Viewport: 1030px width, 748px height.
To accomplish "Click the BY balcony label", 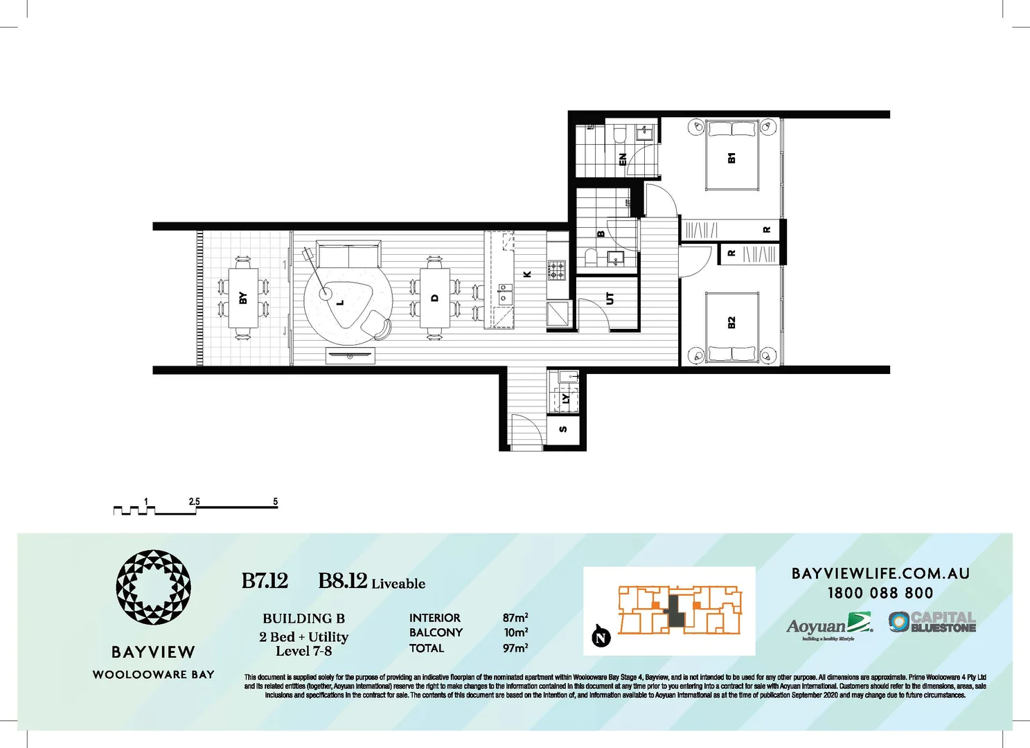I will coord(242,298).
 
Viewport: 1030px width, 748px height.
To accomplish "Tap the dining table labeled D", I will coord(435,299).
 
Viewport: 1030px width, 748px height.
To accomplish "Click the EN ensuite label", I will coord(622,159).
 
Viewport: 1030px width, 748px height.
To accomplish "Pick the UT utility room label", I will coord(610,299).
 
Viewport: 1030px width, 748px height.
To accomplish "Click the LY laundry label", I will coord(566,399).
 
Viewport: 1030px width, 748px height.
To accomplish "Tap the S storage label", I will coord(563,429).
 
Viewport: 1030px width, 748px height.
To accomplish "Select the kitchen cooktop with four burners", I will coord(557,269).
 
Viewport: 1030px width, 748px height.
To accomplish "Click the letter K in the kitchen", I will coord(527,274).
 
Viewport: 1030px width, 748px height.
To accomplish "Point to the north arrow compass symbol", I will coord(601,637).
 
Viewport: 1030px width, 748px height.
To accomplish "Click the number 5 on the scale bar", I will coord(275,501).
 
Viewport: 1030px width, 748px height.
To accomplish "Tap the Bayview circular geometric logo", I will coord(153,588).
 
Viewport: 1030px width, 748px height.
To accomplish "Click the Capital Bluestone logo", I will coord(932,622).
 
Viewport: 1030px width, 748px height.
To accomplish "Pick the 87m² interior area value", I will coord(515,617).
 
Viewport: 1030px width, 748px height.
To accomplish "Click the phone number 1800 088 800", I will coord(880,593).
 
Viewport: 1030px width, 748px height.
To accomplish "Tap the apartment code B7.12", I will coord(265,581).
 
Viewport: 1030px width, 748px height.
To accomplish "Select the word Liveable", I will coord(398,584).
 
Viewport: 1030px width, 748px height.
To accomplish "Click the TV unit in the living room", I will coord(350,356).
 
